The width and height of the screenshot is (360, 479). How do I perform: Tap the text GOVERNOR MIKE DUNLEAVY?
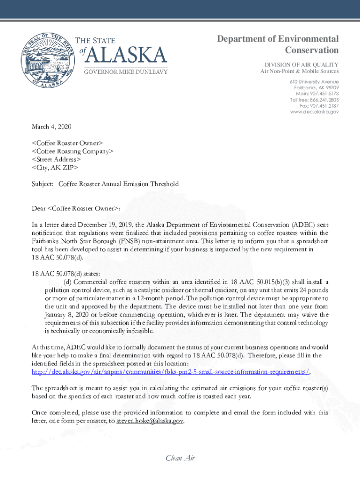pos(125,72)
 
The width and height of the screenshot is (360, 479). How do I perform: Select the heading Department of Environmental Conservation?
pos(278,44)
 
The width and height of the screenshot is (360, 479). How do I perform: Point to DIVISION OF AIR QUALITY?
pos(302,64)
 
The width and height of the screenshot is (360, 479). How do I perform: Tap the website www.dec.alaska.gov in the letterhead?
pos(314,112)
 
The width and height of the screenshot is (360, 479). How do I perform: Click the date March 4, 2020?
pos(51,127)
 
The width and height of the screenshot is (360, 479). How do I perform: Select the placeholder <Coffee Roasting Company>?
pos(72,151)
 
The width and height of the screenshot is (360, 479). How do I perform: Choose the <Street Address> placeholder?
pos(59,159)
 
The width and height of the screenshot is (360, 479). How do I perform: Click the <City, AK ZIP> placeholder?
pos(55,167)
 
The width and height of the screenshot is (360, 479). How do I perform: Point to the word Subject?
pos(43,184)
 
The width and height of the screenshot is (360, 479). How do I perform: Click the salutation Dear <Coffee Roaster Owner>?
pos(76,208)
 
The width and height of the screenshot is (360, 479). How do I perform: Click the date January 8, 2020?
pos(64,314)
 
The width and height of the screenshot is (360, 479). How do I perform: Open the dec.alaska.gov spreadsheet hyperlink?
pos(171,371)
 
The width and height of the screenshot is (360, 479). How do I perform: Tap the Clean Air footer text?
pos(180,458)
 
